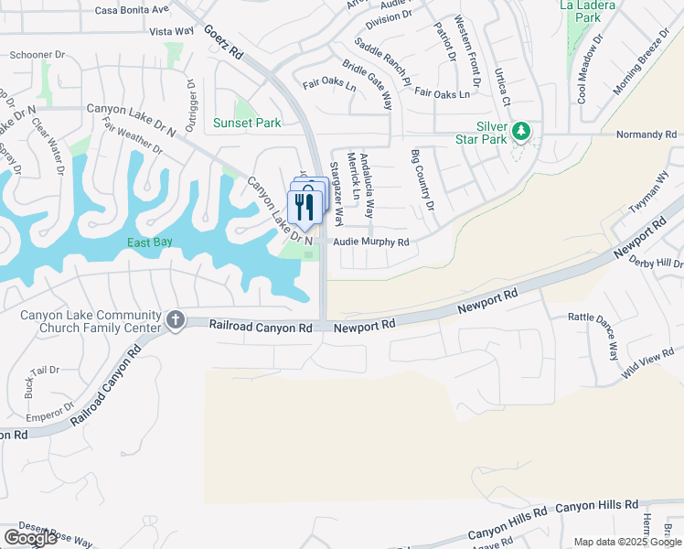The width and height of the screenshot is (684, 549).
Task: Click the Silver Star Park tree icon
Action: [521, 131]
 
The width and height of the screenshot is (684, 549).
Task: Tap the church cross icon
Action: [175, 320]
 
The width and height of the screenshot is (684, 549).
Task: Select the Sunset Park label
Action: [247, 123]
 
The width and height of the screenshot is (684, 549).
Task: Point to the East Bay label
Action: [151, 242]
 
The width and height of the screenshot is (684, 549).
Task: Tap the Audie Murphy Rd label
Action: [370, 242]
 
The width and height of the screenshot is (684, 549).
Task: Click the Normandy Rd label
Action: [646, 135]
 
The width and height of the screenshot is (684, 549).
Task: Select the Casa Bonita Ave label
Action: [133, 9]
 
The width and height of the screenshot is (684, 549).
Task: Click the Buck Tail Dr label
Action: [42, 382]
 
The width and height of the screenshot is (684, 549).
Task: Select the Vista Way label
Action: [172, 31]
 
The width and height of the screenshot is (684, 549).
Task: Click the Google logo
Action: [29, 538]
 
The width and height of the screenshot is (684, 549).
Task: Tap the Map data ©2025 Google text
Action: [626, 542]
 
